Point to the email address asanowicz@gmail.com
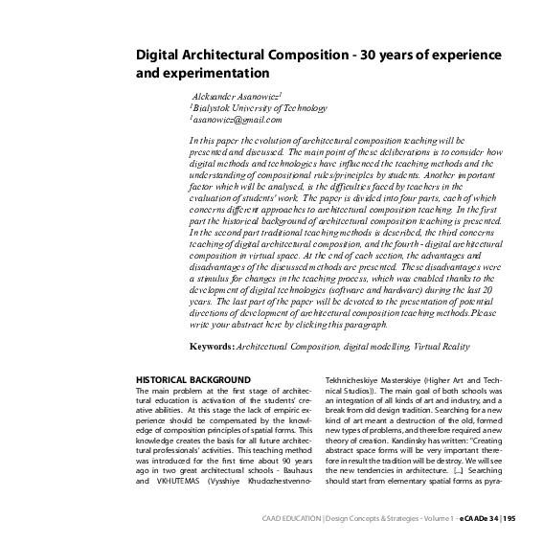[237, 121]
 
